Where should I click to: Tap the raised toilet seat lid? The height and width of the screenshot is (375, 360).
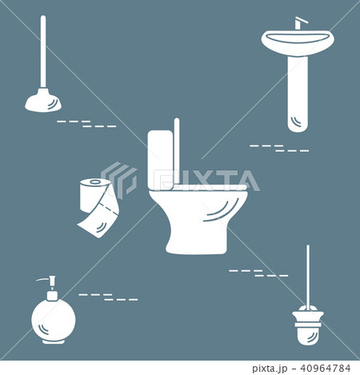click(x=177, y=152)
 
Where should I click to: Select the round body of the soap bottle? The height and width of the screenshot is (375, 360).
click(x=53, y=317)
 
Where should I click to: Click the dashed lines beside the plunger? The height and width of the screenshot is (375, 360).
click(x=86, y=124)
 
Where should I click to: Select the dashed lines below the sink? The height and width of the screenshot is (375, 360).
click(x=279, y=148)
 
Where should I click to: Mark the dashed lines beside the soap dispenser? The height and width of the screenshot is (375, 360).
click(x=107, y=297)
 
